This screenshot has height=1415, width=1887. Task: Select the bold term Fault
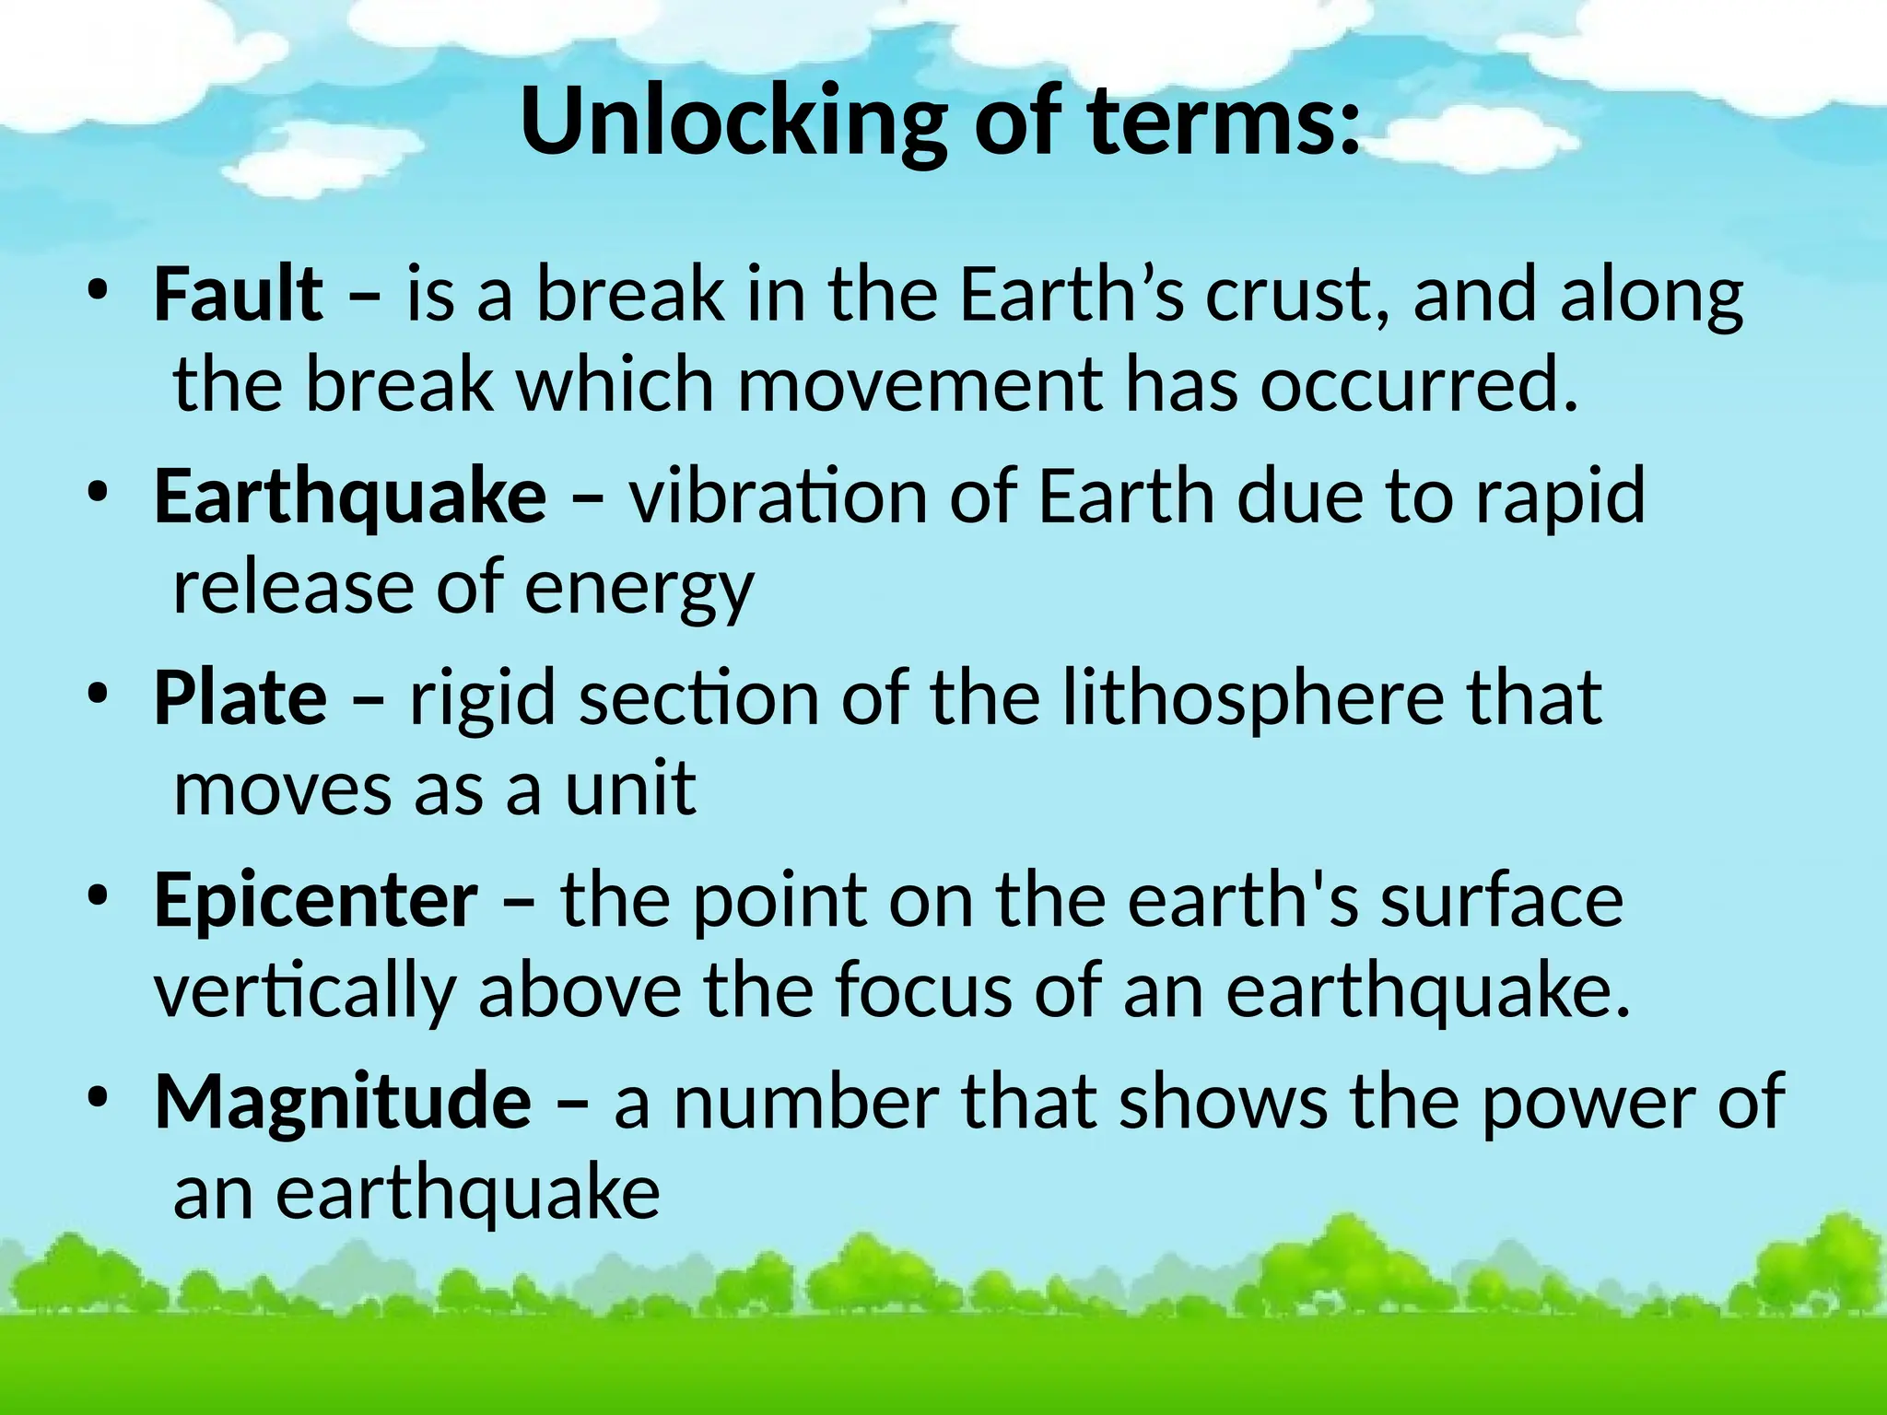(x=239, y=294)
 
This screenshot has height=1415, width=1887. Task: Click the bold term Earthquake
(x=350, y=496)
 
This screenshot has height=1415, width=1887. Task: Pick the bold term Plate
(x=240, y=697)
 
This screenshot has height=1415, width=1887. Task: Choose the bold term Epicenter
(x=316, y=900)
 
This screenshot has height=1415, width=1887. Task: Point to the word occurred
(x=1419, y=384)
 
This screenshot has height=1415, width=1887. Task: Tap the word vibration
(x=778, y=496)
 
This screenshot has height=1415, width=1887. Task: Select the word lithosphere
(x=1253, y=697)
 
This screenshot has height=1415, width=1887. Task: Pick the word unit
(x=631, y=789)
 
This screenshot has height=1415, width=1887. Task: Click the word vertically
(x=305, y=992)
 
